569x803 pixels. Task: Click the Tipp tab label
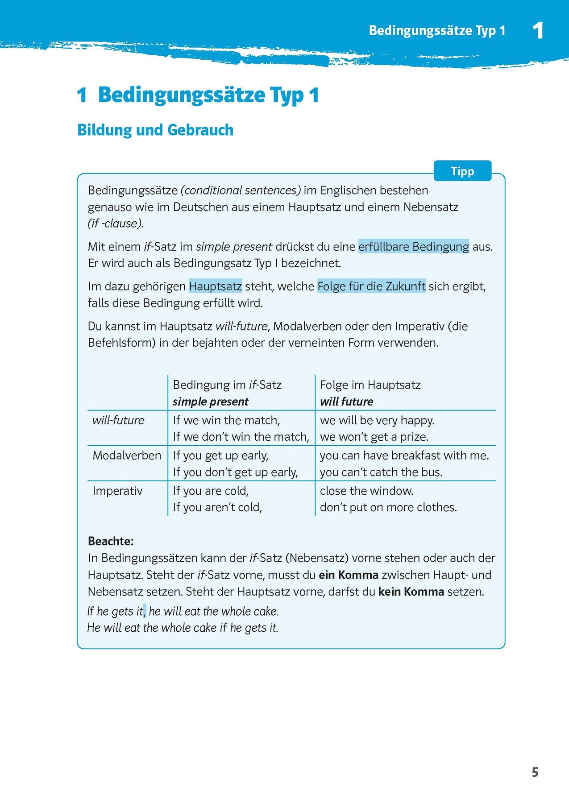pos(462,171)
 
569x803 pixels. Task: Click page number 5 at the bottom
pos(535,772)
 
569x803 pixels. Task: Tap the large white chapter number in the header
pos(538,31)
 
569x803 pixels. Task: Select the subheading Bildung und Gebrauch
pos(155,130)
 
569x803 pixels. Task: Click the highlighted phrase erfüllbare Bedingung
pos(413,247)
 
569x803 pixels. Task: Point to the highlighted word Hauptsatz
pos(215,286)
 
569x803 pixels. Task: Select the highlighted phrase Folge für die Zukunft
pos(371,286)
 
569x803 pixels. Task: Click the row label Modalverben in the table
pos(127,455)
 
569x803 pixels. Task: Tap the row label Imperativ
pos(117,491)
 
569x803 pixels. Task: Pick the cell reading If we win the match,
pos(226,420)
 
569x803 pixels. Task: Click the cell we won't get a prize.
pos(374,437)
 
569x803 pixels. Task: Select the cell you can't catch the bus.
pos(381,472)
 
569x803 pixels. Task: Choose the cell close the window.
pos(366,491)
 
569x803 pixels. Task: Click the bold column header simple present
pos(210,401)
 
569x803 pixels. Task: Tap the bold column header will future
pos(346,401)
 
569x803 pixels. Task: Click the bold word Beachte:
pos(111,541)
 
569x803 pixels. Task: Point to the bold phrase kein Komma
pos(411,592)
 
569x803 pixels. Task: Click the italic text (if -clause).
pos(116,224)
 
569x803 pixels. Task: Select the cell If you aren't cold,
pos(217,507)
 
